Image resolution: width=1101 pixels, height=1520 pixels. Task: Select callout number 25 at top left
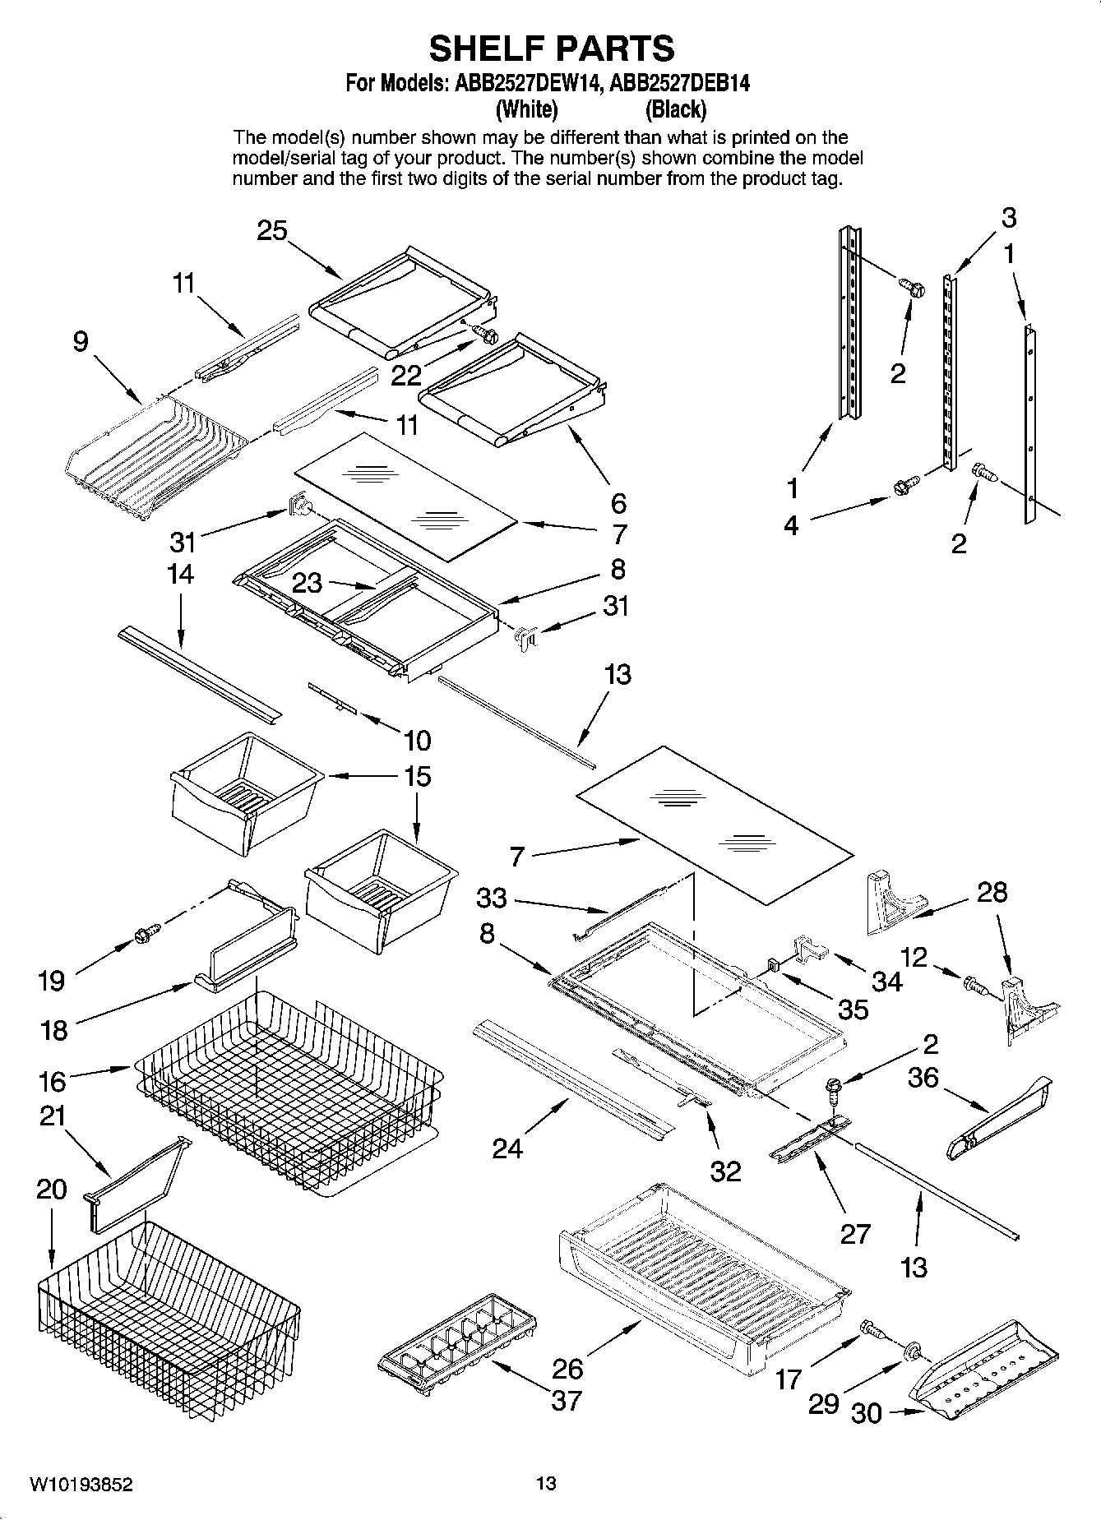(272, 231)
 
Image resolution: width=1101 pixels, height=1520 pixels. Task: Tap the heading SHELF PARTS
(551, 49)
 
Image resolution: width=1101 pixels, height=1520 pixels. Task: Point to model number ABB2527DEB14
(680, 83)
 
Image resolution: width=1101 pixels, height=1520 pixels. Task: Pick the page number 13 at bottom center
(546, 1484)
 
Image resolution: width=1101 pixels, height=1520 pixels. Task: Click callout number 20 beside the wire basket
(51, 1190)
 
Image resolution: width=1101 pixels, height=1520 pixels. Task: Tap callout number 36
(923, 1077)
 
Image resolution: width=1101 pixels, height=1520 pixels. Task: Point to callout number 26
(568, 1369)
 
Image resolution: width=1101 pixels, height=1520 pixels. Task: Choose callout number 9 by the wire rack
(80, 342)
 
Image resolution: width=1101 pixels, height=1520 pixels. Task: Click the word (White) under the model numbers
(526, 109)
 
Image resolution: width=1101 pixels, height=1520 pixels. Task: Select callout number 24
(507, 1148)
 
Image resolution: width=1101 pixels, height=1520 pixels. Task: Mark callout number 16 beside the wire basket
(53, 1081)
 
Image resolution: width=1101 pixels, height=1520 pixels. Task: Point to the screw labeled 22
(485, 335)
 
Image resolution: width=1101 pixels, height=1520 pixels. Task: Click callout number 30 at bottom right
(866, 1414)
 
